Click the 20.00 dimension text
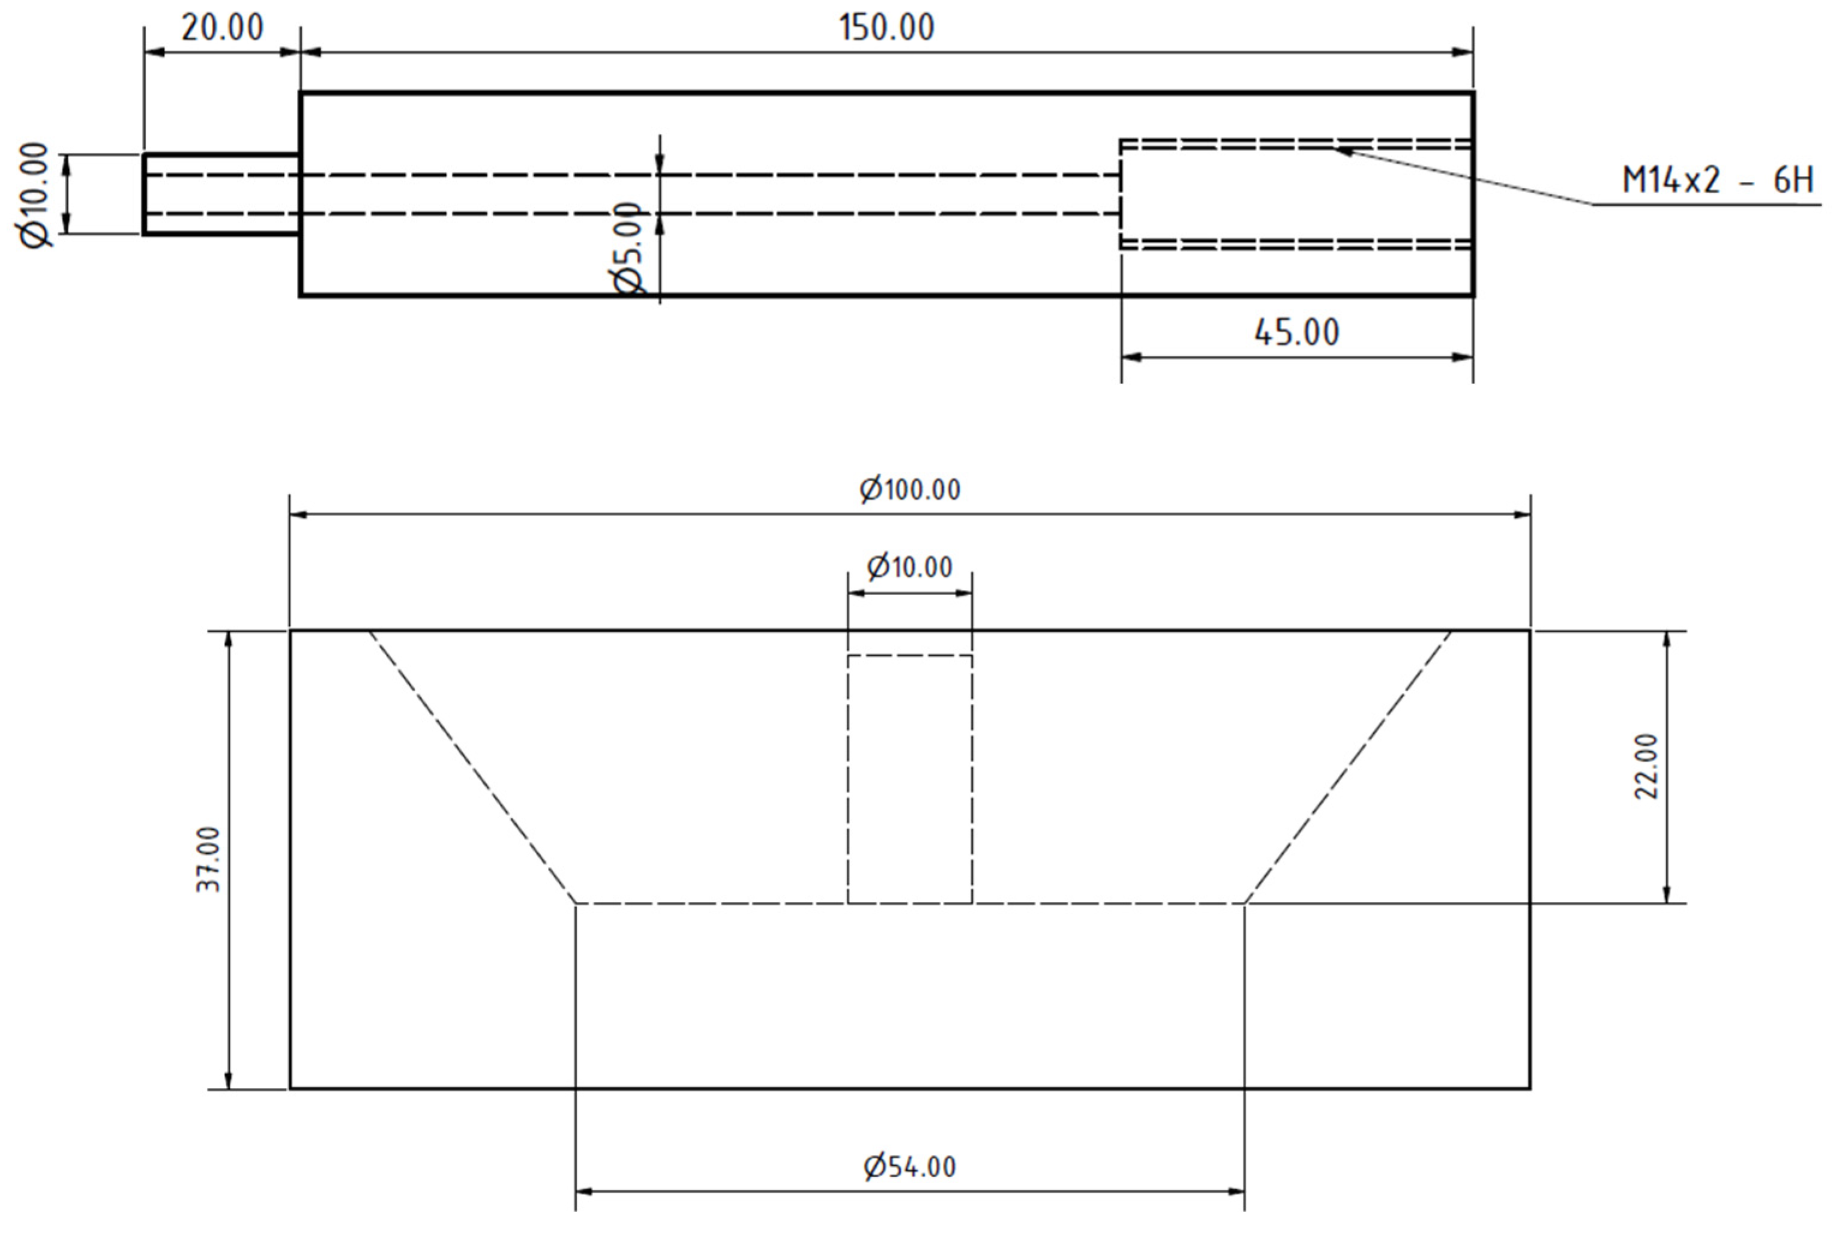point(222,28)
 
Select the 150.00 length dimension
point(886,28)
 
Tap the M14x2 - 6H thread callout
point(1717,181)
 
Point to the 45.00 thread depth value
point(1296,332)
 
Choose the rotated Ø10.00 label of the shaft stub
point(35,194)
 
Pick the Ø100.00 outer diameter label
point(910,490)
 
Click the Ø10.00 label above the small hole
point(910,567)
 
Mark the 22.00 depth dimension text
point(1646,767)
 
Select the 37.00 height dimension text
point(208,859)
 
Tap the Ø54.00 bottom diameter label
point(910,1167)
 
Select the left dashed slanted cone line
point(472,767)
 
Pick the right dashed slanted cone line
point(1348,767)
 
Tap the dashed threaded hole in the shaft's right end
point(1296,194)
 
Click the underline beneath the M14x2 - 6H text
point(1707,205)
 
